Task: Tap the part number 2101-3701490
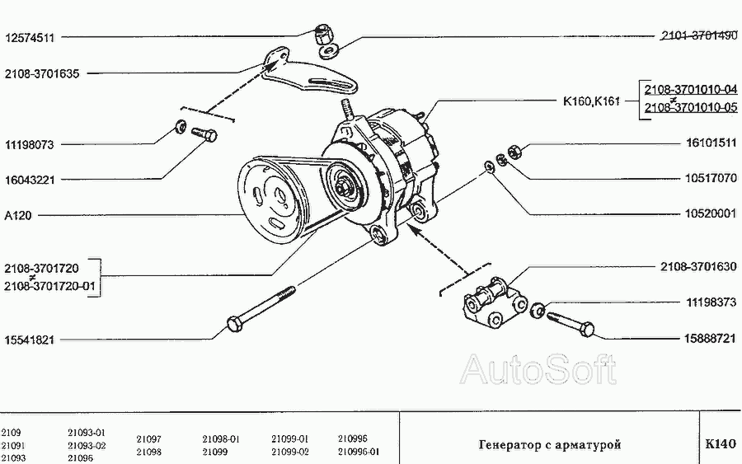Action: [698, 36]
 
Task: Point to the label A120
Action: [19, 216]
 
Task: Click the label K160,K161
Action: [590, 101]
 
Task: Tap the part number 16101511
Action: [709, 143]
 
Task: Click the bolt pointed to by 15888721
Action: [570, 322]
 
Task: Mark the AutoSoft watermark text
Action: [538, 370]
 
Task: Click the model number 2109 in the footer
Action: [11, 432]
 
